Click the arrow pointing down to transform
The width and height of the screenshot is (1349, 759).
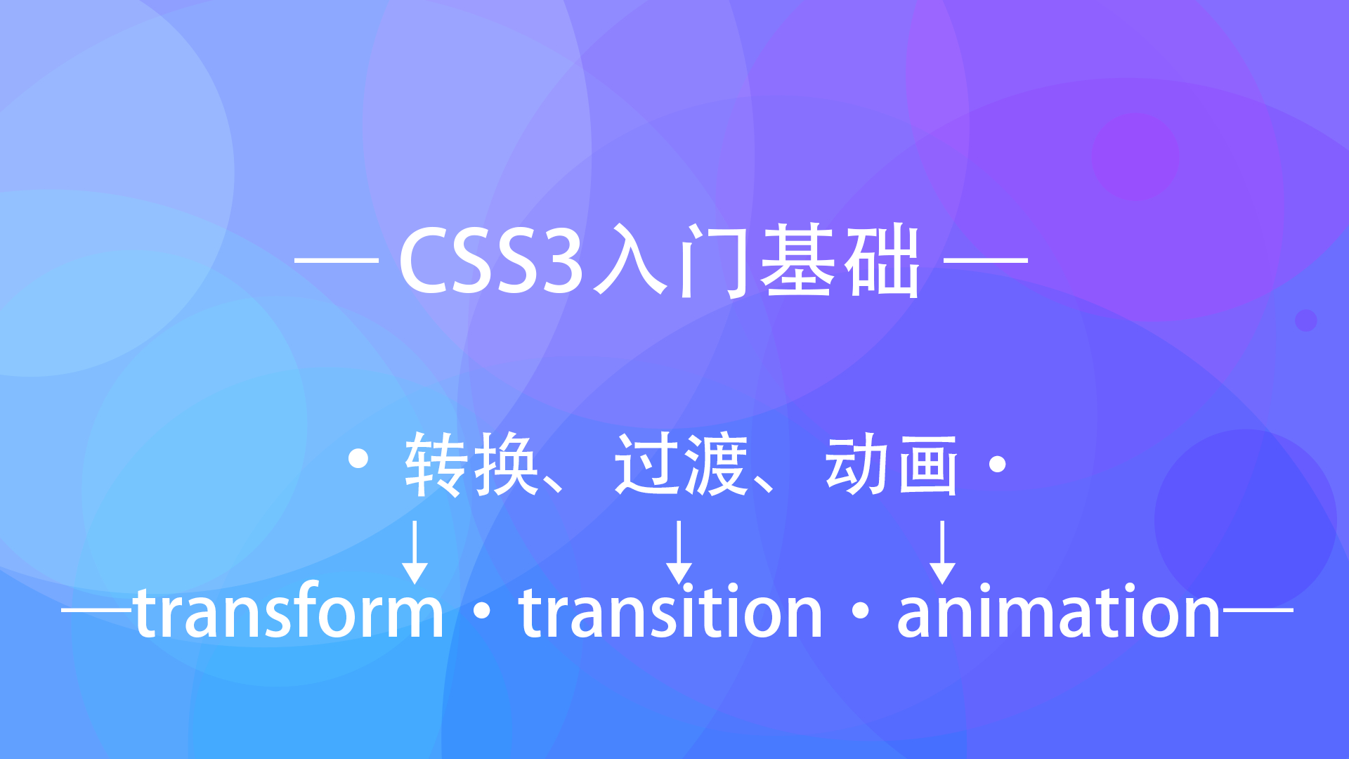coord(415,552)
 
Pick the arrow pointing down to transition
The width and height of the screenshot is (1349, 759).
coord(679,552)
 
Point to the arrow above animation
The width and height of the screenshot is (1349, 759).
coord(942,552)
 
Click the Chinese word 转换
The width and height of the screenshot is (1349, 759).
coord(471,465)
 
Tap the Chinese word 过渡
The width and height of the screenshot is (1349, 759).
coord(681,465)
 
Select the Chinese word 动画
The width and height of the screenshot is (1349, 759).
coord(892,465)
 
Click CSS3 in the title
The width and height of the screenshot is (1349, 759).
coord(491,261)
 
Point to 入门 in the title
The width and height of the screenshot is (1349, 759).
coord(672,261)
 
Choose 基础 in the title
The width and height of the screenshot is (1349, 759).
coord(840,261)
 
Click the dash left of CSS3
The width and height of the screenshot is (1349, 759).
coord(337,260)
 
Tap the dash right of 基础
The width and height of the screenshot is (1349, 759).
coord(986,260)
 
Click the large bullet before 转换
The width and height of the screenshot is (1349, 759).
coord(358,459)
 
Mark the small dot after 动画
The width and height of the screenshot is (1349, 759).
coord(998,465)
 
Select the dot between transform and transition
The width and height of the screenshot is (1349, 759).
coord(482,611)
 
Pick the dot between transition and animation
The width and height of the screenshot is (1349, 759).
coord(860,611)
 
